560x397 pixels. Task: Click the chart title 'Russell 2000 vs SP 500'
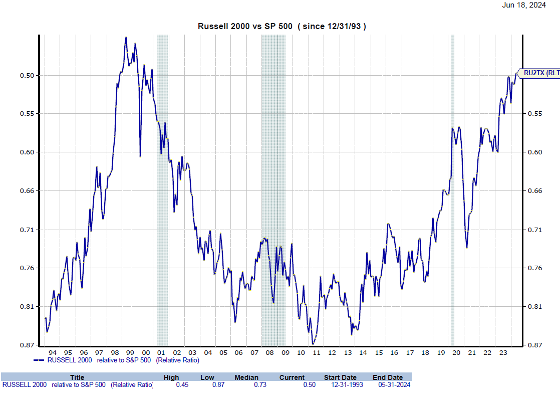[x=245, y=26]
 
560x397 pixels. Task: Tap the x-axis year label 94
[x=53, y=352]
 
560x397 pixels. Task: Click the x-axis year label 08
[x=269, y=352]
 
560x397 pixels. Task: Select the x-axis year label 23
[x=502, y=352]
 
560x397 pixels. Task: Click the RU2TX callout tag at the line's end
[x=539, y=73]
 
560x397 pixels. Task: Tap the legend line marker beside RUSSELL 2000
[x=39, y=360]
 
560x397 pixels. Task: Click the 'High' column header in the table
[x=171, y=377]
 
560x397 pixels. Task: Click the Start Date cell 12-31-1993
[x=343, y=384]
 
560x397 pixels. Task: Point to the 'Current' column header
[x=292, y=377]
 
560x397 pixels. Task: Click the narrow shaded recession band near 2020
[x=453, y=190]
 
